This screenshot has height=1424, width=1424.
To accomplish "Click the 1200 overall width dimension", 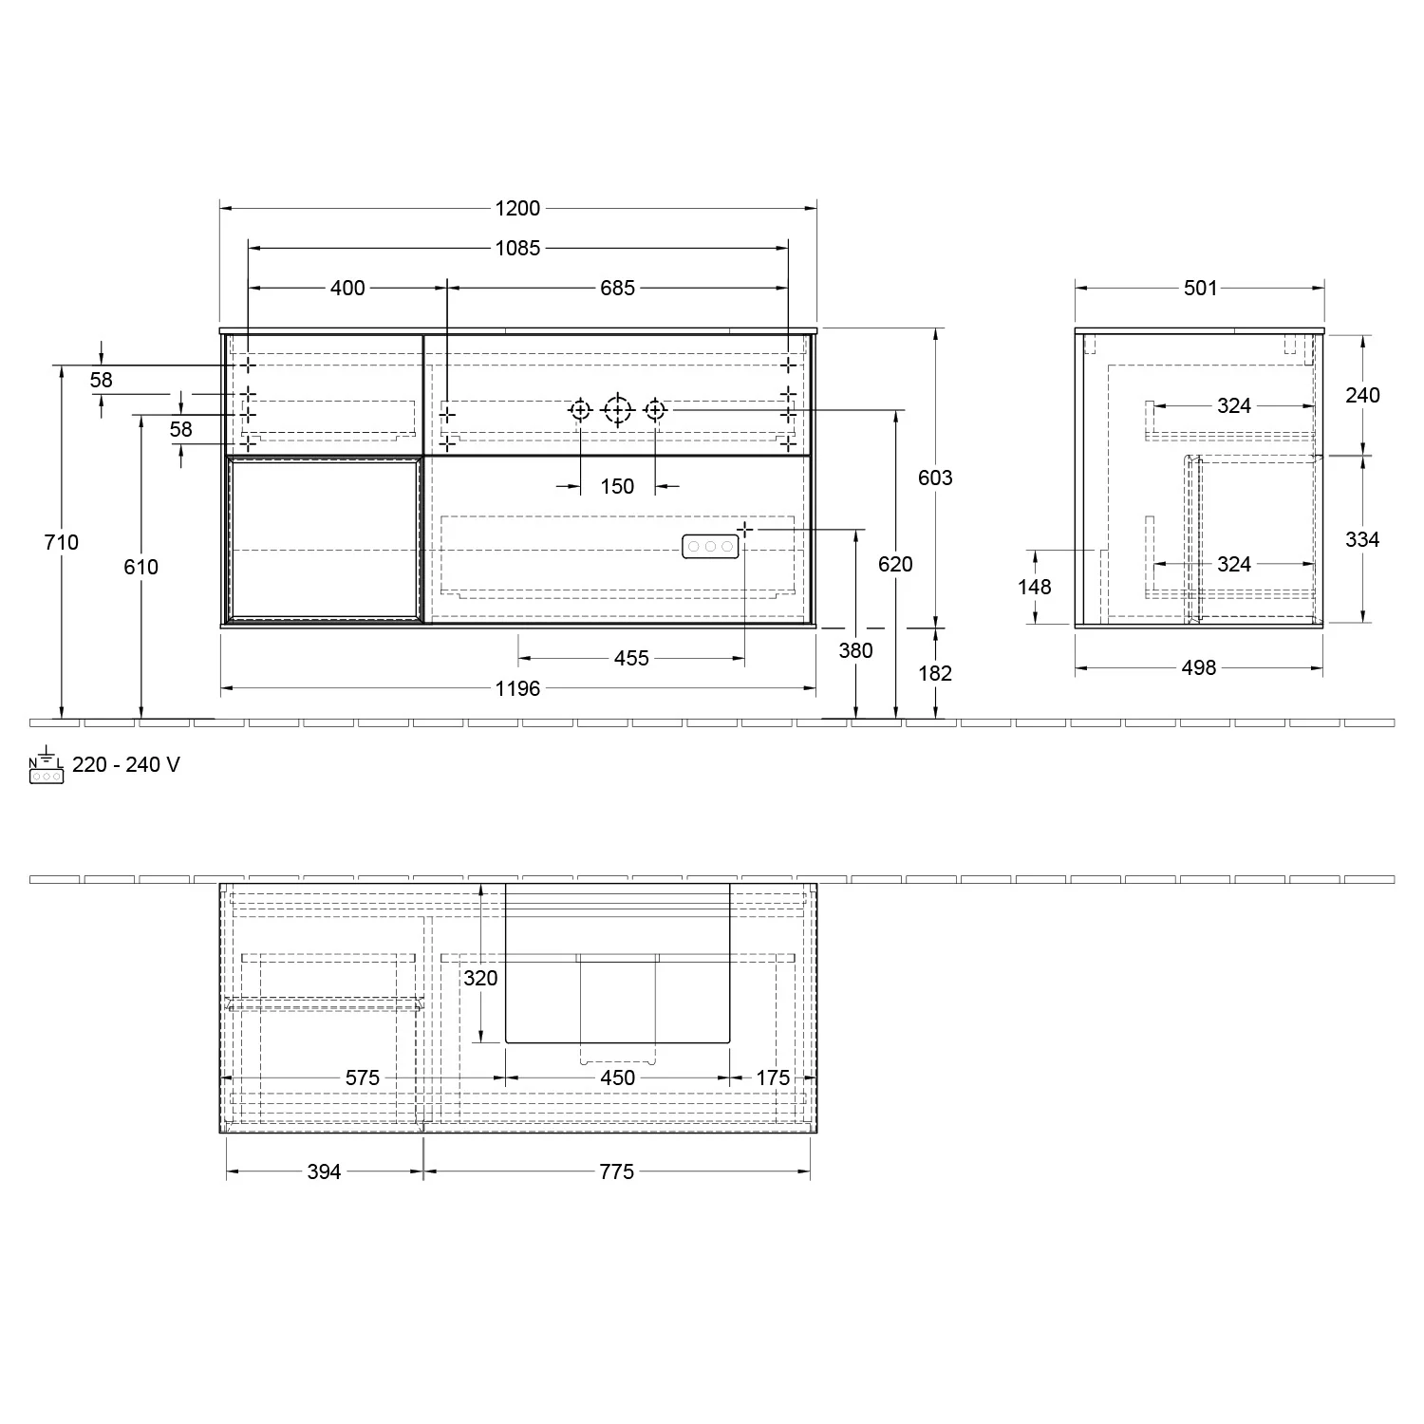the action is (517, 208).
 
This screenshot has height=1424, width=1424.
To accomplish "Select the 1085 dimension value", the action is (517, 248).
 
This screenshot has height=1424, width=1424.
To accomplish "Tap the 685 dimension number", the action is (617, 288).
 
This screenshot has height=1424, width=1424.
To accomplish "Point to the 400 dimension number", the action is (347, 288).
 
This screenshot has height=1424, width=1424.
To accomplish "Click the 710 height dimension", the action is (62, 542).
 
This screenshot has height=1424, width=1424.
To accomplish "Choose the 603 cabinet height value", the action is (935, 478).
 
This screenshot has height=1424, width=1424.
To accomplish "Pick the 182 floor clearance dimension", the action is (935, 673).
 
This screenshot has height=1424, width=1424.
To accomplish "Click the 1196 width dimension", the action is (517, 688).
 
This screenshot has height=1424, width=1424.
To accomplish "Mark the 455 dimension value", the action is (631, 658).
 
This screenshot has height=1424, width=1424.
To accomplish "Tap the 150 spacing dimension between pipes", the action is (617, 486).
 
